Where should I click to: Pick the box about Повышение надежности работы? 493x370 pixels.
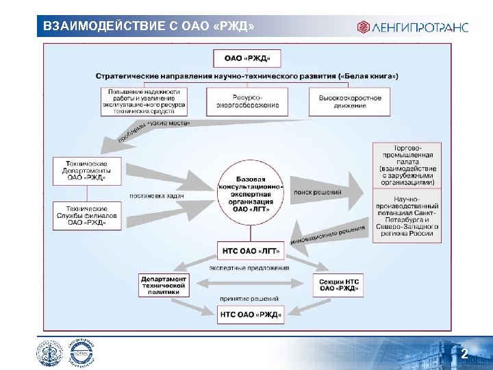144,101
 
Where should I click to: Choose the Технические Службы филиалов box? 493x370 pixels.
87,215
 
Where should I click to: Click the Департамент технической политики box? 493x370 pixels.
164,285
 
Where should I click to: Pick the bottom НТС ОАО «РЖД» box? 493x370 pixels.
250,314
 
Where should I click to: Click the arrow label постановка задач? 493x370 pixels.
157,196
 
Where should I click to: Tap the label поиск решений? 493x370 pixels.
318,193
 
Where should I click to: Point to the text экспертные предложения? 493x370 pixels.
249,268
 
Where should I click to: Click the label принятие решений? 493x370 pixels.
249,299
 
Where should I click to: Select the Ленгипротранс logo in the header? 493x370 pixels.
412,27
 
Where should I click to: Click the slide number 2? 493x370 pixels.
464,354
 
